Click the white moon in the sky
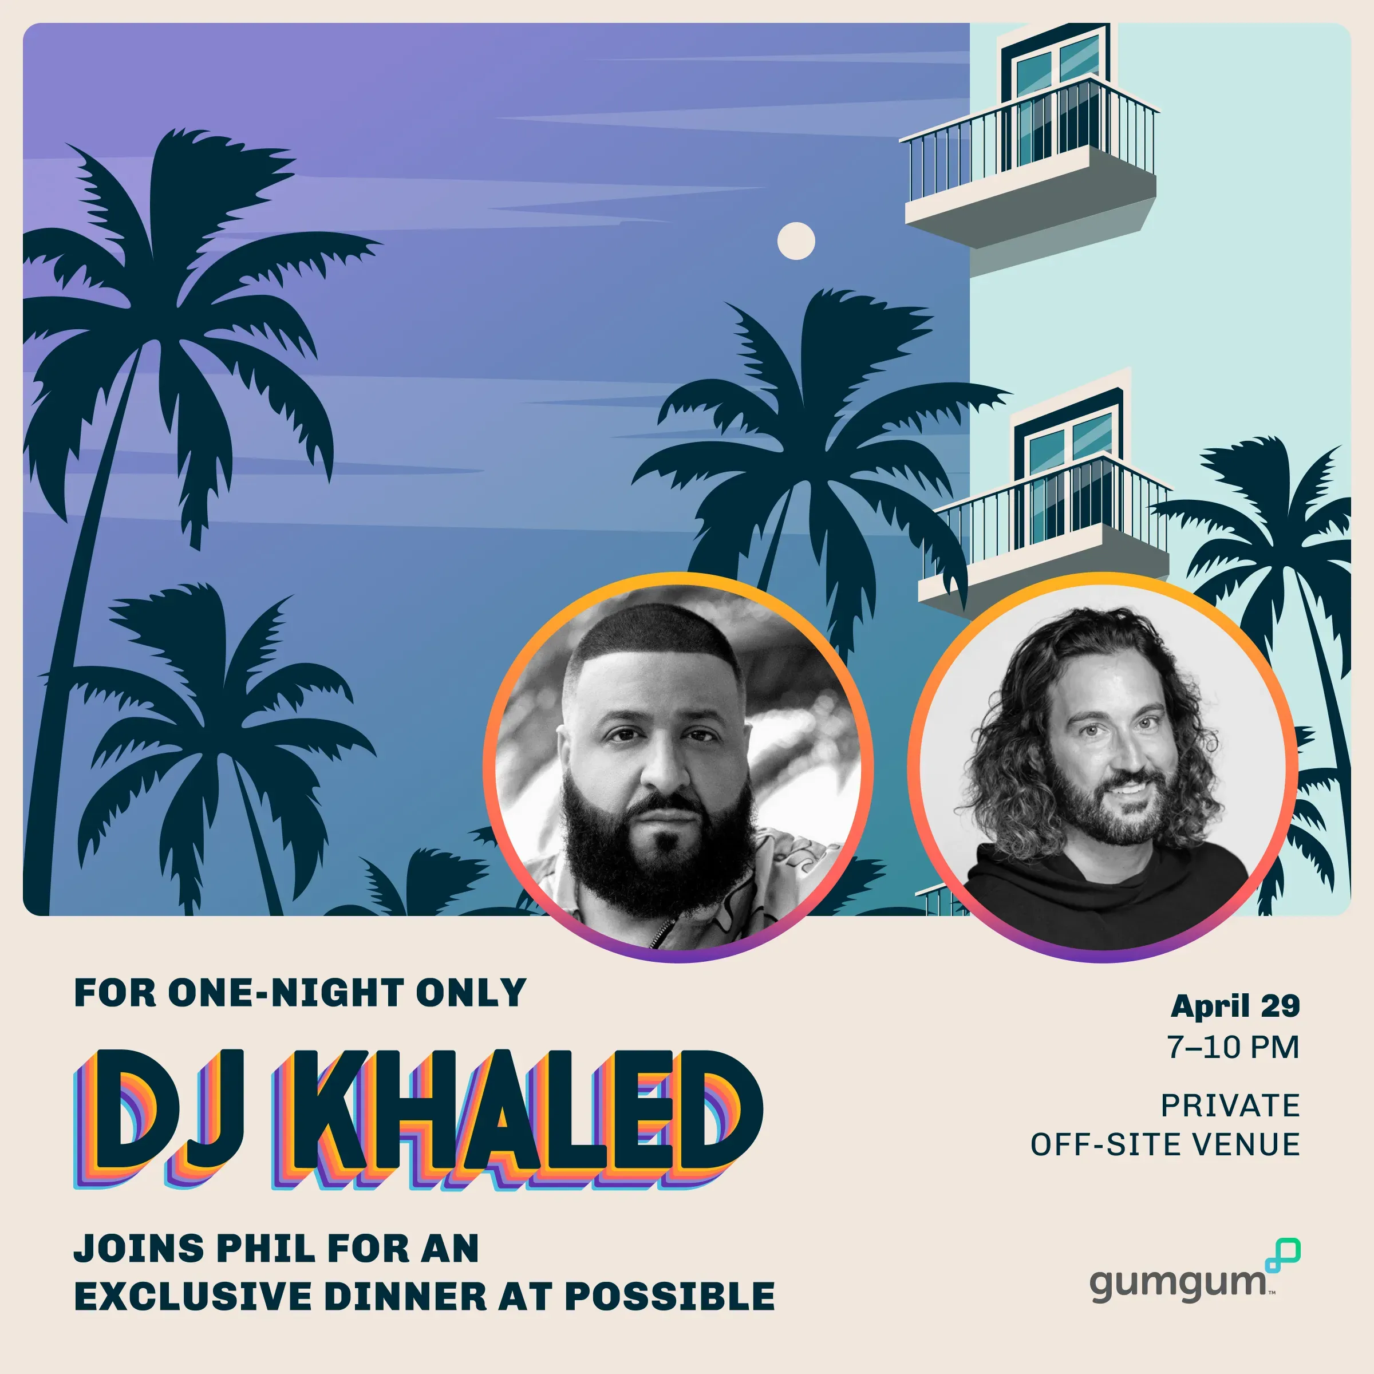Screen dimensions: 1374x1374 (796, 241)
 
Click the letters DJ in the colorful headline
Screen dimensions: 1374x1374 (156, 1118)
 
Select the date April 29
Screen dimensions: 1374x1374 (1235, 1006)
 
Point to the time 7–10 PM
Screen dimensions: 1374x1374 (1233, 1047)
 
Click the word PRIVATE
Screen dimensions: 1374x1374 (1230, 1106)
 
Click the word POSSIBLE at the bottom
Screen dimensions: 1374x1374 (669, 1296)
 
